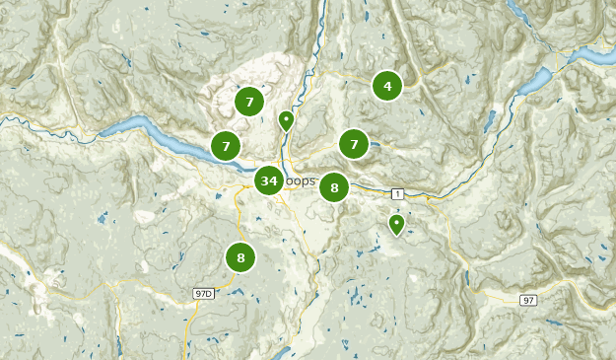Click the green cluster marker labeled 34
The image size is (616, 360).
269,180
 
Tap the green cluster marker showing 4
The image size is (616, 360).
387,86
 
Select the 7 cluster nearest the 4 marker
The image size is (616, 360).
354,144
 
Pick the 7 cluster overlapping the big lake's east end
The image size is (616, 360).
226,146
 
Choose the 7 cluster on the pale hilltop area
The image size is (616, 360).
249,101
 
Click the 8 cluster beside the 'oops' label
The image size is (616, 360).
334,187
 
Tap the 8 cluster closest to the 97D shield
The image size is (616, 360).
240,257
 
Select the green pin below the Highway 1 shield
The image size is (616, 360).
396,224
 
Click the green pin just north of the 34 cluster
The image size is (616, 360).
286,120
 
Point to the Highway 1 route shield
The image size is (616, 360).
396,193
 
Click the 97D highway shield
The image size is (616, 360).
204,293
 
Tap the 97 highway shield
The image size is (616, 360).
529,300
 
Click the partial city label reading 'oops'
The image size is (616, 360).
303,181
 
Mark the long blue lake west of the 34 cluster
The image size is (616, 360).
148,133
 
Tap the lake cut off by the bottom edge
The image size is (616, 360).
283,352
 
